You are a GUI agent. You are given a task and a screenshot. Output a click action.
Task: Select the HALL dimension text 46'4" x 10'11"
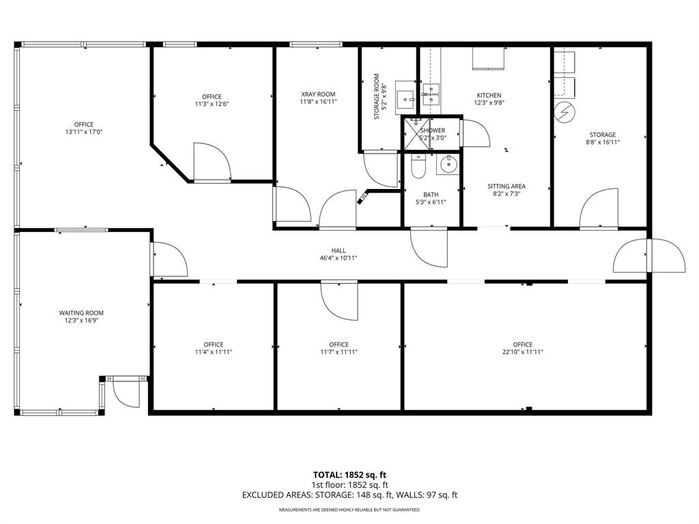point(339,258)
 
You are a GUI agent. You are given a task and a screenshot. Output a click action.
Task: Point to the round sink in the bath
point(448,164)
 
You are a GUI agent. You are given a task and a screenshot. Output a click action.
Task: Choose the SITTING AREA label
point(506,186)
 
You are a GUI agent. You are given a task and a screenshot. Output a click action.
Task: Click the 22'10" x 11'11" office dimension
point(523,352)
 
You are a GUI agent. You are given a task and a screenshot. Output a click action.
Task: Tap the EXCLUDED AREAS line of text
point(349,495)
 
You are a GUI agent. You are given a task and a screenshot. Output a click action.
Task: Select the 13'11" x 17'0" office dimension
point(84,132)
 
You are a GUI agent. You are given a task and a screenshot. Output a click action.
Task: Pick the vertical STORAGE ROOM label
point(376,97)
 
